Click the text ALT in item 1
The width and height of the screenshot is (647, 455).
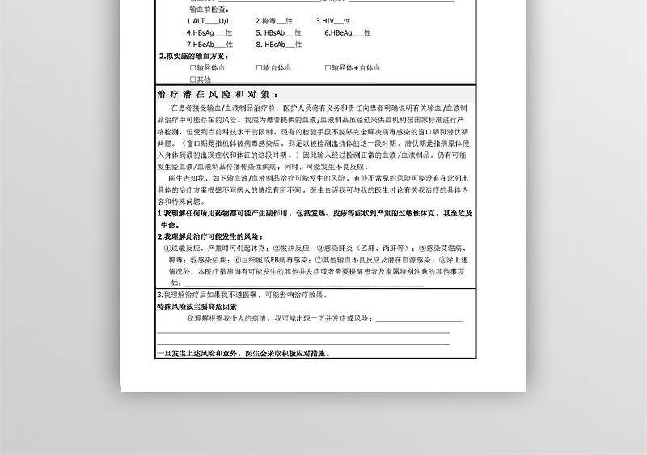197,20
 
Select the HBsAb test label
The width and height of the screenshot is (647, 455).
273,32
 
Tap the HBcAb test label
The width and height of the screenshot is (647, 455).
273,44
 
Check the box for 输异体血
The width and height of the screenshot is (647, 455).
192,68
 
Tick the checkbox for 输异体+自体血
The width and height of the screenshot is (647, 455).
328,68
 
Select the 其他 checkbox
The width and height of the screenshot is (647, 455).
192,79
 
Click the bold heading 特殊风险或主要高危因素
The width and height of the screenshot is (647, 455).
197,307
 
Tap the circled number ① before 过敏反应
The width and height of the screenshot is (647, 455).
167,249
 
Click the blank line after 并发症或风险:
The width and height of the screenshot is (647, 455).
420,320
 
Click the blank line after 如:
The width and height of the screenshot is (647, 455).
303,284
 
